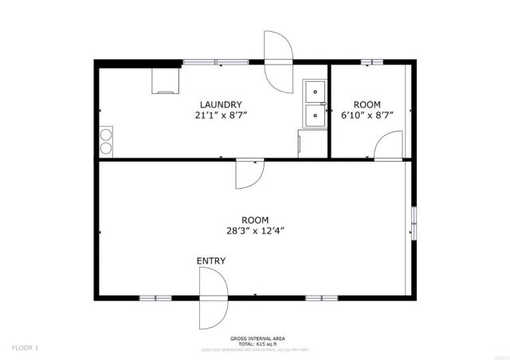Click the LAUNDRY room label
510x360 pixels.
tap(221, 104)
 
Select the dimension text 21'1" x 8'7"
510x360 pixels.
tap(221, 115)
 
